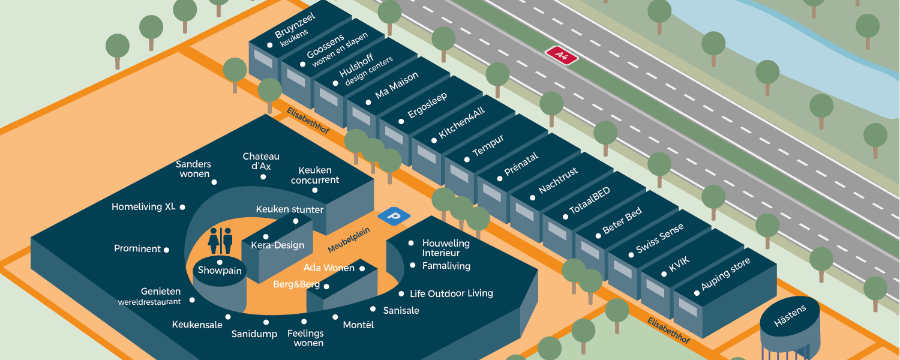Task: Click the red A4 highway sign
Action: [x=562, y=55]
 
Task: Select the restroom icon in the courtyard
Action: [x=220, y=241]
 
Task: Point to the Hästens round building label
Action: [x=790, y=316]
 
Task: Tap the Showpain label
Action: [x=220, y=271]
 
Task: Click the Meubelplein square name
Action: [x=349, y=239]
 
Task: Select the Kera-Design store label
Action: [x=277, y=245]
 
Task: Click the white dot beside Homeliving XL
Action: [x=182, y=207]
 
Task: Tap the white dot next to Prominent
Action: [x=166, y=250]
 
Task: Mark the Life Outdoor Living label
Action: [x=451, y=293]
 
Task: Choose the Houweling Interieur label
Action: [x=446, y=248]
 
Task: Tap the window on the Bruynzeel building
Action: [x=263, y=58]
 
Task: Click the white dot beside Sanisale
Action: [x=373, y=310]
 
